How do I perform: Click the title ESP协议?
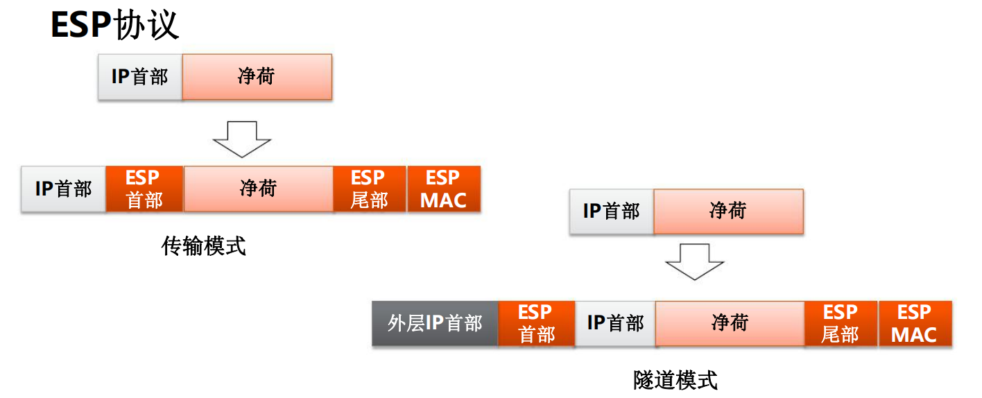pyautogui.click(x=115, y=26)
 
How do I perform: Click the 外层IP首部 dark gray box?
pyautogui.click(x=435, y=323)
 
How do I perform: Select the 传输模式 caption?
pyautogui.click(x=203, y=245)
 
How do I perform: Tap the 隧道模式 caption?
pyautogui.click(x=675, y=379)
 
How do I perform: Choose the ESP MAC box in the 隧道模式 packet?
pyautogui.click(x=915, y=323)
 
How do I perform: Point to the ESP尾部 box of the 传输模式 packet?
pyautogui.click(x=369, y=189)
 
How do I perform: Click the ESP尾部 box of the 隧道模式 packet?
pyautogui.click(x=841, y=323)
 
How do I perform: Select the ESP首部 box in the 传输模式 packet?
pyautogui.click(x=144, y=189)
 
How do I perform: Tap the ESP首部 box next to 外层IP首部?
pyautogui.click(x=537, y=323)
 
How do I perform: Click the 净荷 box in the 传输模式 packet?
pyautogui.click(x=258, y=189)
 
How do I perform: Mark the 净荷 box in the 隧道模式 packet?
pyautogui.click(x=730, y=323)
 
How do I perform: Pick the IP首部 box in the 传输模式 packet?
pyautogui.click(x=64, y=189)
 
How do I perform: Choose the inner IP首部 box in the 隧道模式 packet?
pyautogui.click(x=615, y=323)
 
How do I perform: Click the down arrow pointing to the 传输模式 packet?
pyautogui.click(x=242, y=139)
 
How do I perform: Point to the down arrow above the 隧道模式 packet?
pyautogui.click(x=694, y=261)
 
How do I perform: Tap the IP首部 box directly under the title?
pyautogui.click(x=140, y=76)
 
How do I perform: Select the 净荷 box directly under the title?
pyautogui.click(x=257, y=76)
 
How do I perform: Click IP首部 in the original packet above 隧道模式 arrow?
pyautogui.click(x=612, y=211)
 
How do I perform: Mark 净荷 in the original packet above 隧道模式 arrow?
pyautogui.click(x=728, y=211)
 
